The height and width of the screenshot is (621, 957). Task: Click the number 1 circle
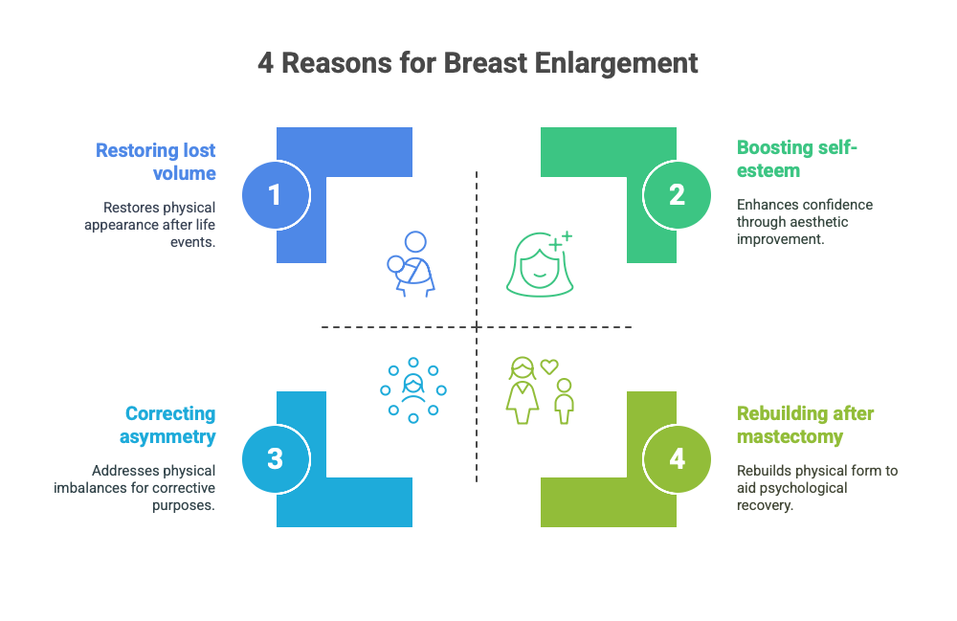pyautogui.click(x=276, y=195)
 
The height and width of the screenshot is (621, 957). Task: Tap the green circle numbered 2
pyautogui.click(x=677, y=195)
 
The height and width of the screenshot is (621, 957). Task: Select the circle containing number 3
pyautogui.click(x=276, y=458)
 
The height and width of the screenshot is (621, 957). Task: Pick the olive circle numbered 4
pyautogui.click(x=677, y=458)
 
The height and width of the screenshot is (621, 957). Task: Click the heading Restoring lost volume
pyautogui.click(x=156, y=162)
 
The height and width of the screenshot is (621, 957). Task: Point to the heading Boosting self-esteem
pyautogui.click(x=796, y=159)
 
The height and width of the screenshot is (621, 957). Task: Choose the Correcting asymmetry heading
pyautogui.click(x=167, y=425)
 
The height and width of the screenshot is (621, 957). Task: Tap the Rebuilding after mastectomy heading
pyautogui.click(x=805, y=425)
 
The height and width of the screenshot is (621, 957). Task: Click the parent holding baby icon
pyautogui.click(x=411, y=264)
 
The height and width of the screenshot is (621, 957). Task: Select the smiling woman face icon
pyautogui.click(x=540, y=264)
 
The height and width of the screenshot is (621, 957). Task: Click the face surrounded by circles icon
pyautogui.click(x=413, y=390)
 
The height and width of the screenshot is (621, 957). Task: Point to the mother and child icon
pyautogui.click(x=540, y=390)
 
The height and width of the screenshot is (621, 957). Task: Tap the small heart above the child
pyautogui.click(x=549, y=366)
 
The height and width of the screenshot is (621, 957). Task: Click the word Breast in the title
pyautogui.click(x=485, y=63)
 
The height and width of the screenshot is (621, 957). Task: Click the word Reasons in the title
pyautogui.click(x=336, y=63)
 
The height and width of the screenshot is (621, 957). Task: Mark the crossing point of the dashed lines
pyautogui.click(x=477, y=327)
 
